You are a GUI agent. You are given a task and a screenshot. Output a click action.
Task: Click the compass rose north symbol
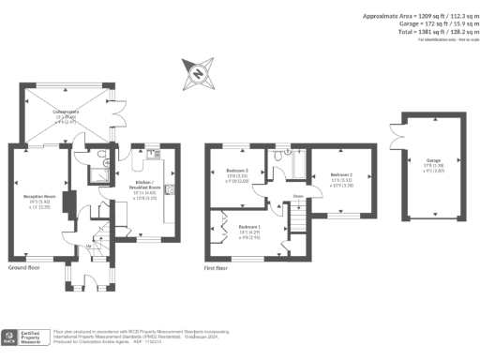pos(199,72)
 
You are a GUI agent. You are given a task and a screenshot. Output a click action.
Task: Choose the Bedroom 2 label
pos(340,175)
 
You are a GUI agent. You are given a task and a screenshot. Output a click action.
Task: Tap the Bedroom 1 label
pos(249,228)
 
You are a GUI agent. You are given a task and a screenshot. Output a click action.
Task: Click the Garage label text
pos(432,160)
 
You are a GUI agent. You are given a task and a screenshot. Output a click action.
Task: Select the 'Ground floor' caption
pos(22,268)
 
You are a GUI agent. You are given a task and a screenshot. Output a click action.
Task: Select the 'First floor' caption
pos(217,268)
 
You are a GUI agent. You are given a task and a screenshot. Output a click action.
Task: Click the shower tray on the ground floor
pos(97,172)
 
